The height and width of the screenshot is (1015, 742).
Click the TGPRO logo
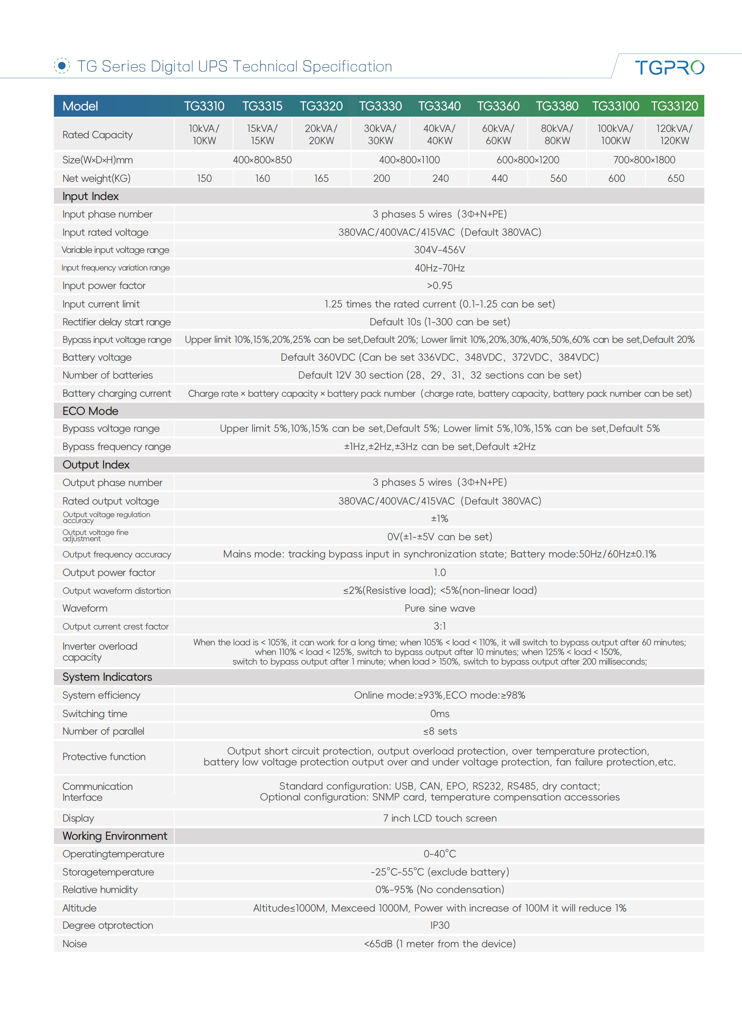pos(669,67)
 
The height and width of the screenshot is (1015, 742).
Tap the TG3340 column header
pos(439,106)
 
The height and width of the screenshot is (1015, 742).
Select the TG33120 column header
pos(674,106)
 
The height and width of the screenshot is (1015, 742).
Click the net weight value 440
pos(499,178)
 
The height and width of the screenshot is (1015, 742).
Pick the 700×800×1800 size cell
pos(644,160)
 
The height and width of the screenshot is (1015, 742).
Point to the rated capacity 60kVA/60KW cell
pos(498,134)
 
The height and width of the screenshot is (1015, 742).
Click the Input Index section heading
pos(90,196)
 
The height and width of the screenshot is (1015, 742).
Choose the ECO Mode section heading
pos(90,411)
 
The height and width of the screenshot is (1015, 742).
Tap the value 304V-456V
pos(439,250)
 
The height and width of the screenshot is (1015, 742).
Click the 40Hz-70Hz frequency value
pos(439,268)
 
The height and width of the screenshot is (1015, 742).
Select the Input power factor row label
pos(104,286)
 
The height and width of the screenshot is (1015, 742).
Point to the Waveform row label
pos(85,608)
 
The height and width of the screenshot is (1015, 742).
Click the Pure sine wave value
pos(439,608)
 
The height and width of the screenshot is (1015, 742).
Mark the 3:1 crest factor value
pos(439,626)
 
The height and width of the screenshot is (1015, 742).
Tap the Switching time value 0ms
pos(439,714)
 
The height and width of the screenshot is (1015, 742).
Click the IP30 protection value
pos(439,925)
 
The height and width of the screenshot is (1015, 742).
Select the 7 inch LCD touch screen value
pos(439,818)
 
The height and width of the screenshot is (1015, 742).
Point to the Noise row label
pos(74,944)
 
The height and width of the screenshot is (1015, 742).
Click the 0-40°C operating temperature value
pos(439,854)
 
